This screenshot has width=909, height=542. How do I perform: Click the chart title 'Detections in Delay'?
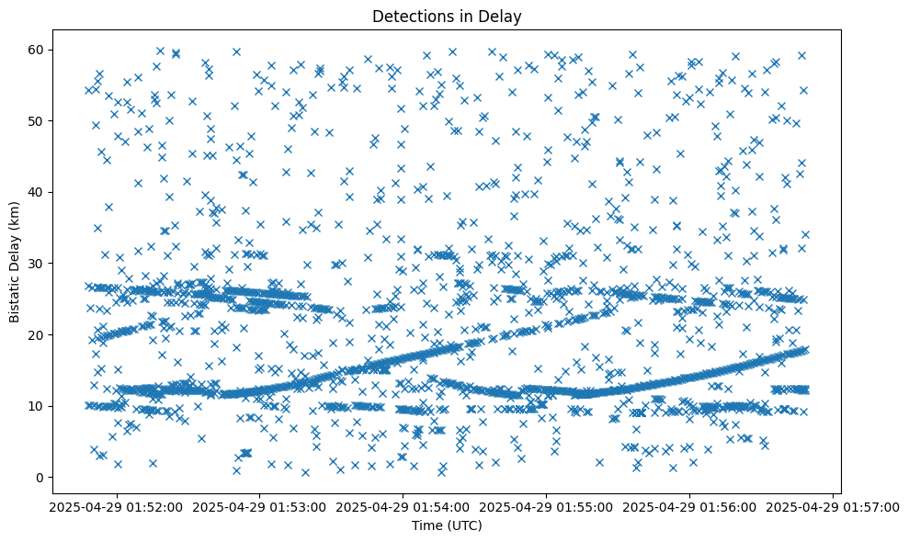click(446, 16)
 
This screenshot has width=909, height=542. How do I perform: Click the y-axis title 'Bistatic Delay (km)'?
click(16, 260)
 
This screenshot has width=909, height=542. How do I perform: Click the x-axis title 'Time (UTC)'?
click(446, 526)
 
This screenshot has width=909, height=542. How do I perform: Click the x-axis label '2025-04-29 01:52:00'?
click(116, 506)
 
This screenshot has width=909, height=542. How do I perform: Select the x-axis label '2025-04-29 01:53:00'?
click(259, 506)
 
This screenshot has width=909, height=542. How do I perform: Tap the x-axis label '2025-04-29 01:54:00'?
click(403, 506)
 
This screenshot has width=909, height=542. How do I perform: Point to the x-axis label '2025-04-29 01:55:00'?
click(546, 506)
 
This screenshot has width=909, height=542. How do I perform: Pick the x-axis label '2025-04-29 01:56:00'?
click(689, 506)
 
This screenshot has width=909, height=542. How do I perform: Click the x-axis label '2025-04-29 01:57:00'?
click(833, 506)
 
